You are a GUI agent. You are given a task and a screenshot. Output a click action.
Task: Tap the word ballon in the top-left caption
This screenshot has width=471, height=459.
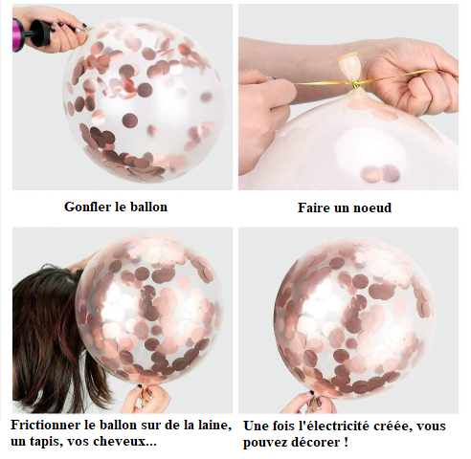tap(149, 207)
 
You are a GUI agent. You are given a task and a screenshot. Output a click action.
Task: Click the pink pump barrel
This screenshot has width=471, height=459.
tap(18, 34)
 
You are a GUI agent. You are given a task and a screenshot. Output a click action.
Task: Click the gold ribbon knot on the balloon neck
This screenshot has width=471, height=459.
tap(355, 85)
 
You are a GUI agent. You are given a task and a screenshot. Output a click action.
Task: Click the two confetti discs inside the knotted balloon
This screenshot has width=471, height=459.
tap(380, 174)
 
